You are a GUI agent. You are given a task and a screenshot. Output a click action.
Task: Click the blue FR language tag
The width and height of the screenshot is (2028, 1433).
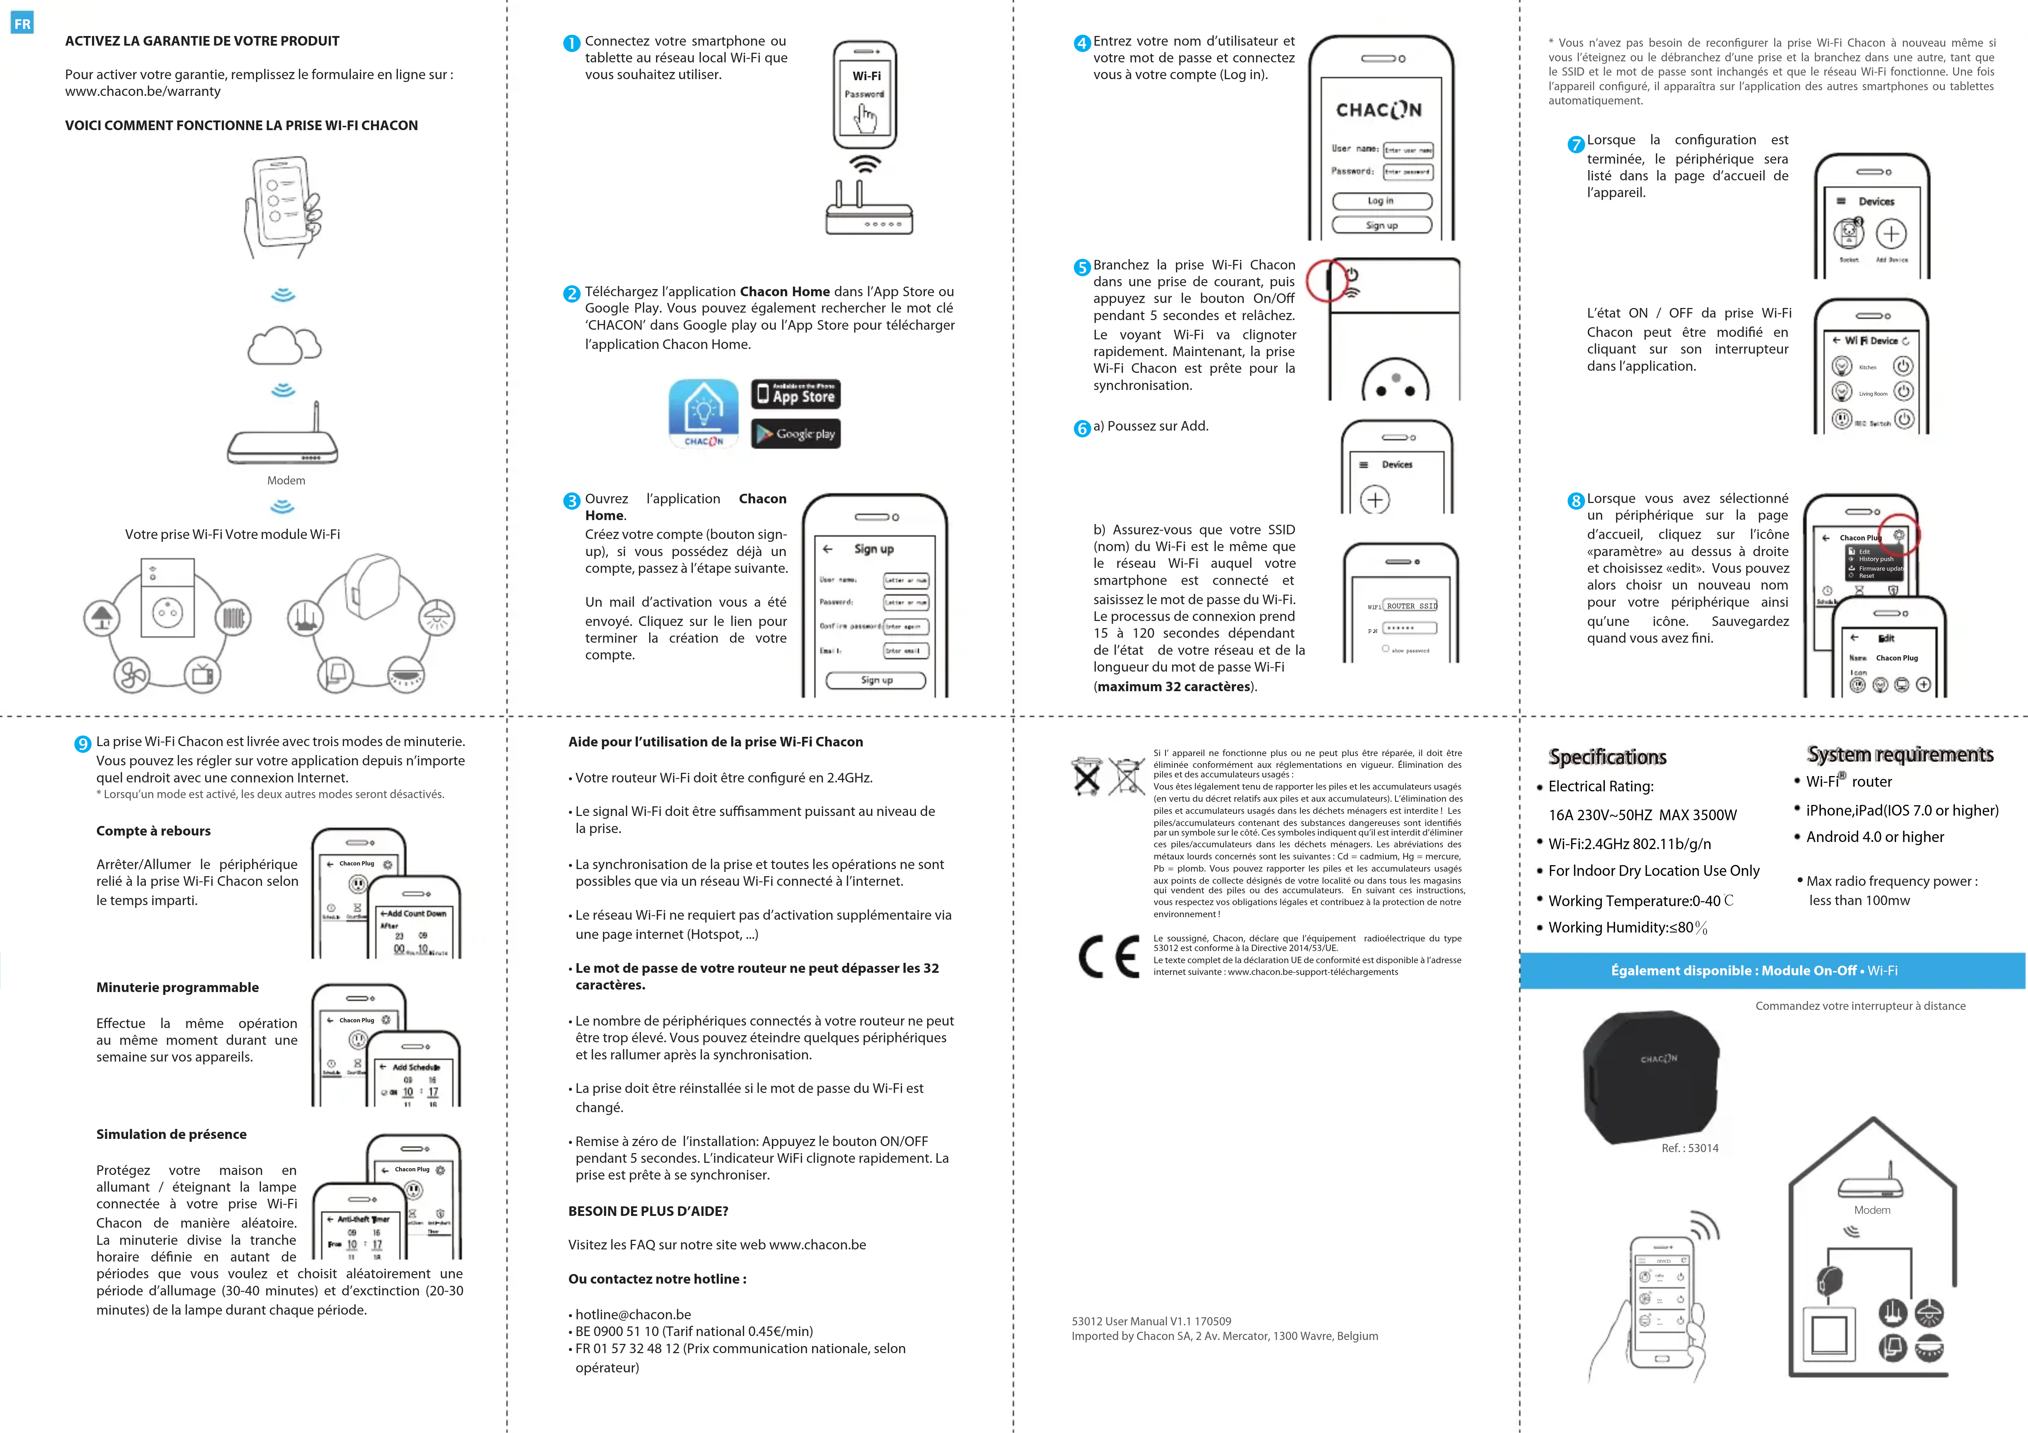(22, 24)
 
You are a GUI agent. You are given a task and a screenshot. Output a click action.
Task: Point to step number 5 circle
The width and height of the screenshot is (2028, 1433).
(1082, 267)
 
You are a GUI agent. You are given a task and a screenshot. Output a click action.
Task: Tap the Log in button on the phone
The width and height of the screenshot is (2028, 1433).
(1382, 201)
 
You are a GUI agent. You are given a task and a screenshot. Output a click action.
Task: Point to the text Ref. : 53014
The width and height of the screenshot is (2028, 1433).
(1690, 1148)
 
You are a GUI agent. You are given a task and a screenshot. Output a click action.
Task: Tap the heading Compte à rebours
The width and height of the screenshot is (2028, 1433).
(154, 831)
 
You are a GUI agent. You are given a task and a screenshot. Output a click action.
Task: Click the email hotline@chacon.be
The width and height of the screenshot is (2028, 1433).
(633, 1315)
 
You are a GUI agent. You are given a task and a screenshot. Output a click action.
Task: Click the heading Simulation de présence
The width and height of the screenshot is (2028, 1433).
(171, 1135)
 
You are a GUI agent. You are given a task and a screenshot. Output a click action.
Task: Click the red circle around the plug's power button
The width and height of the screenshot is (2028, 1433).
(1327, 281)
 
